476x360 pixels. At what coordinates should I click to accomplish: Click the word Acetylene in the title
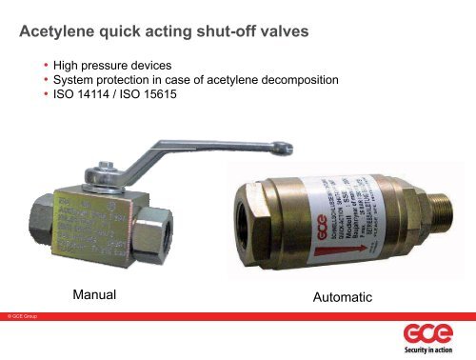pos(58,33)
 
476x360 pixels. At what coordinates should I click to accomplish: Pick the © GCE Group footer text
pos(23,313)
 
